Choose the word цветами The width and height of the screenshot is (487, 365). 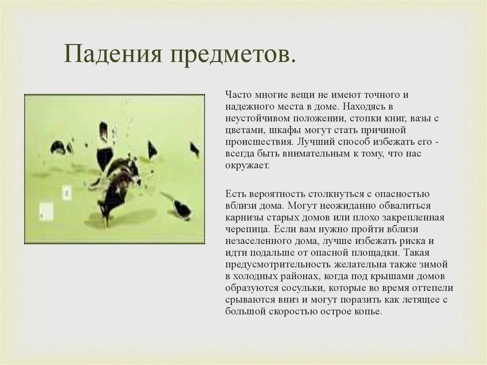point(242,130)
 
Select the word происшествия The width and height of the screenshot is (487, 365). point(257,142)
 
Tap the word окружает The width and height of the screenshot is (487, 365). point(247,166)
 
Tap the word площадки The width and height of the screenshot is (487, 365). point(376,253)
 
